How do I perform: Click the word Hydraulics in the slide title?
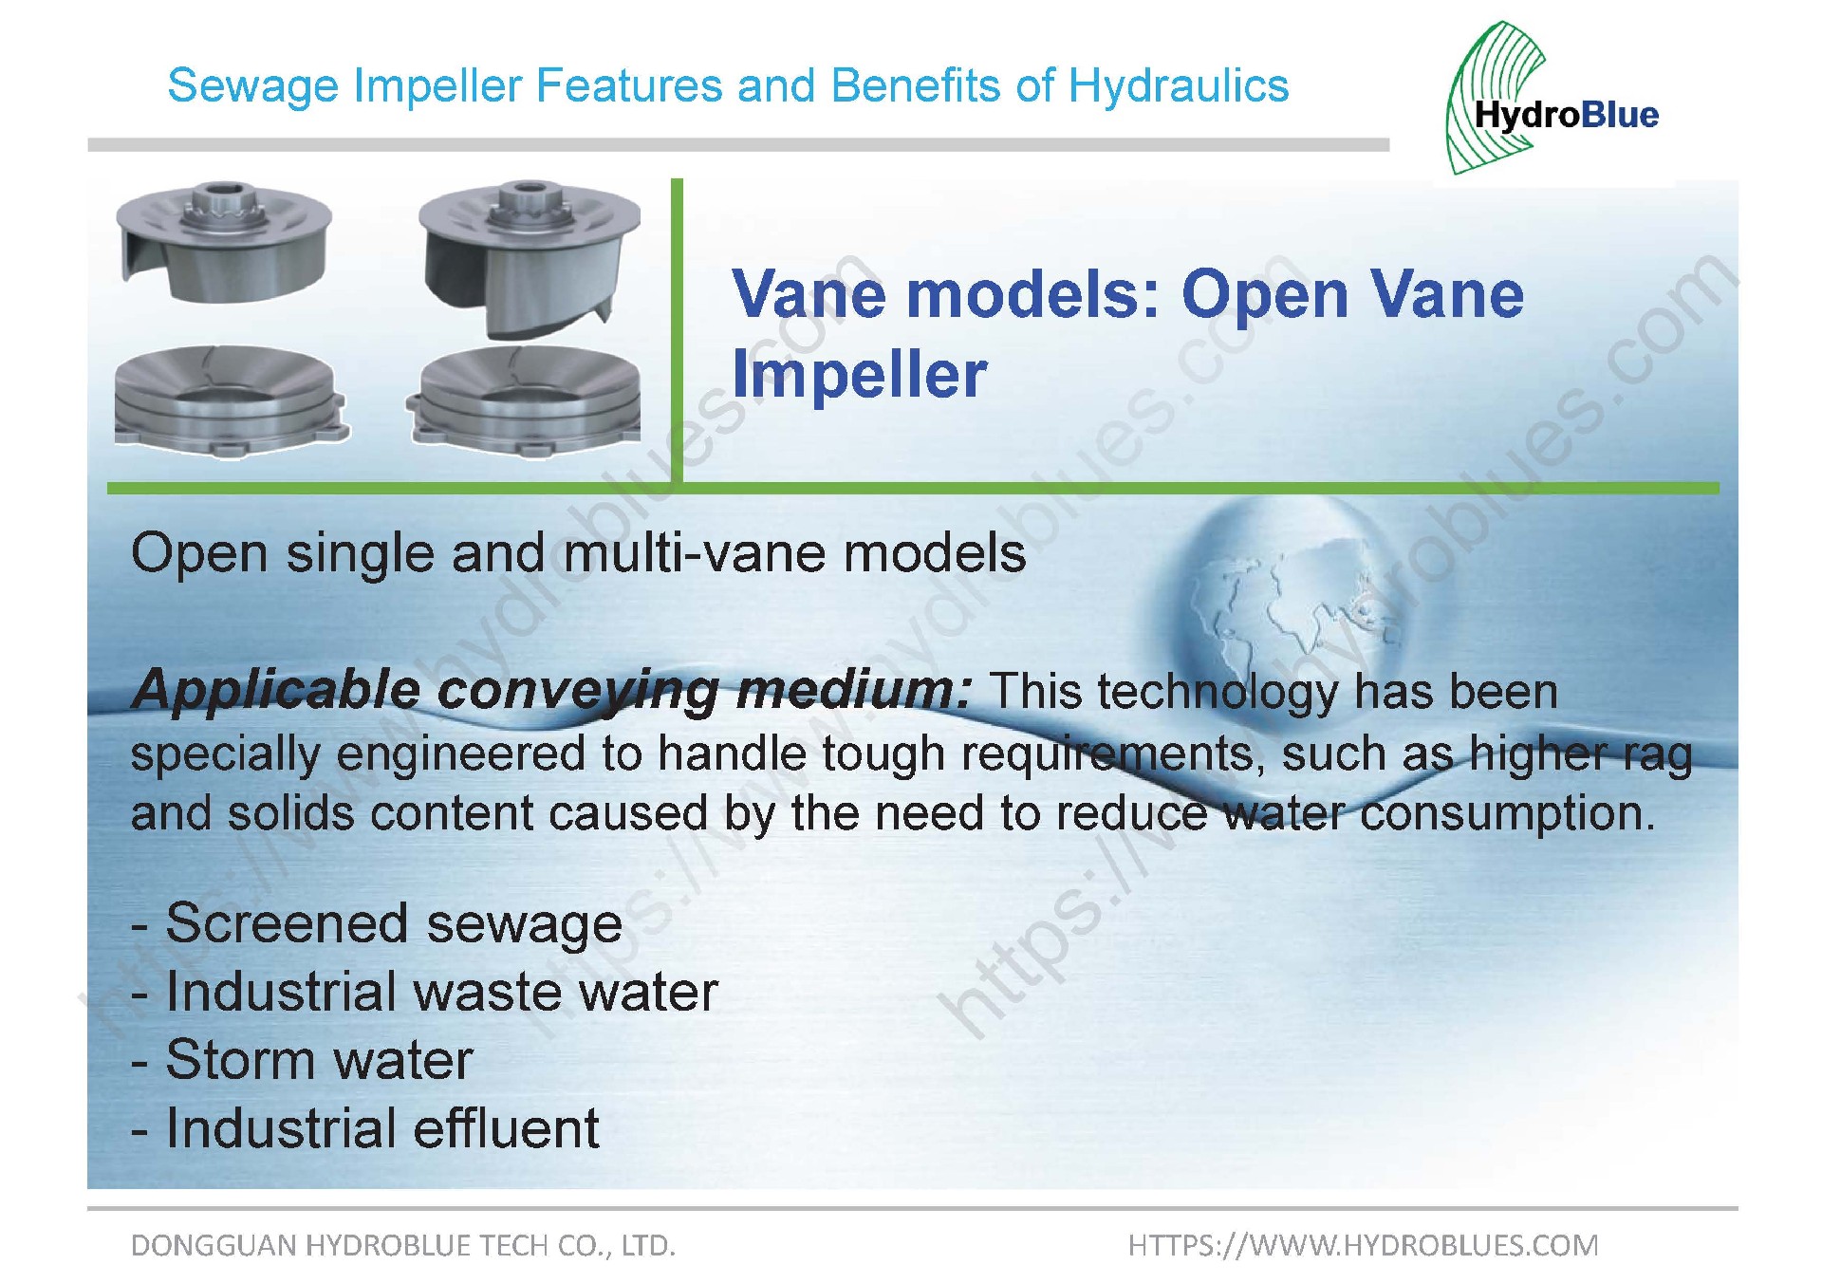pyautogui.click(x=1179, y=85)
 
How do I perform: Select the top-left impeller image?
pyautogui.click(x=224, y=242)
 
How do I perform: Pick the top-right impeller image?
pyautogui.click(x=530, y=259)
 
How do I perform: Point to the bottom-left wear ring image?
pyautogui.click(x=231, y=400)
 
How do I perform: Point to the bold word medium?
pyautogui.click(x=853, y=690)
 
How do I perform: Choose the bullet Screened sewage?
pyautogui.click(x=377, y=924)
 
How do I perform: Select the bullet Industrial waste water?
pyautogui.click(x=424, y=993)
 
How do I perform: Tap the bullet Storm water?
pyautogui.click(x=302, y=1060)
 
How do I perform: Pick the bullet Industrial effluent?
pyautogui.click(x=365, y=1128)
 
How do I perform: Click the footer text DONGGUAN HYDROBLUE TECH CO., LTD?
pyautogui.click(x=403, y=1245)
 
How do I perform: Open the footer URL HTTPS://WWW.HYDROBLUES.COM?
pyautogui.click(x=1364, y=1245)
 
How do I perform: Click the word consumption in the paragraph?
pyautogui.click(x=1508, y=814)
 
